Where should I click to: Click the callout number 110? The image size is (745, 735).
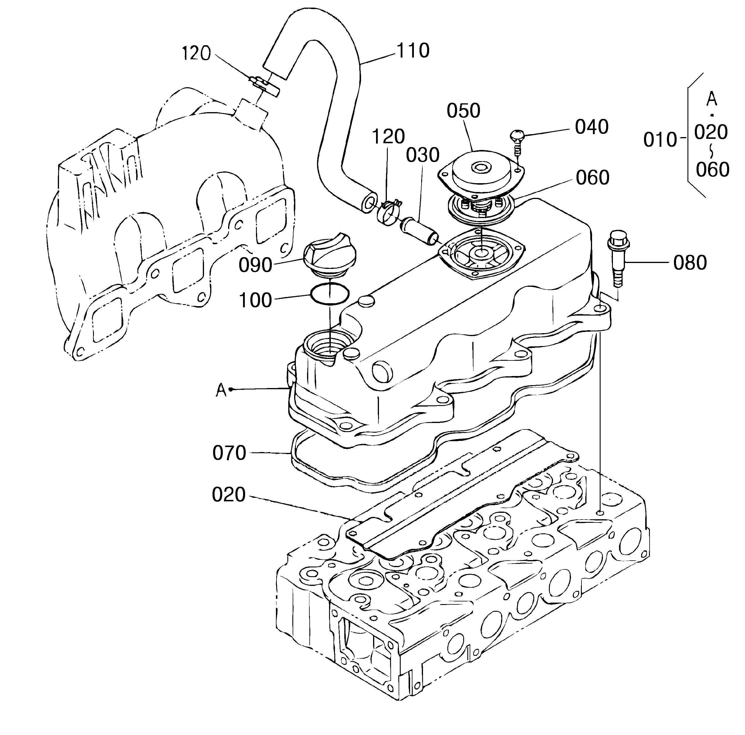(413, 50)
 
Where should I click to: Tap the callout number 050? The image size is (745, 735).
(463, 111)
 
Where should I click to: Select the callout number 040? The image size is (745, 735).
(591, 127)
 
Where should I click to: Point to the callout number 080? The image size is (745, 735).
(690, 263)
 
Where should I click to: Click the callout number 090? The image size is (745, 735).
(255, 265)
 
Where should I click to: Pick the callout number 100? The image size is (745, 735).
(256, 300)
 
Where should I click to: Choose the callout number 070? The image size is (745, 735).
(229, 453)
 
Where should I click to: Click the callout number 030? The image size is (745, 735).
(423, 155)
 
